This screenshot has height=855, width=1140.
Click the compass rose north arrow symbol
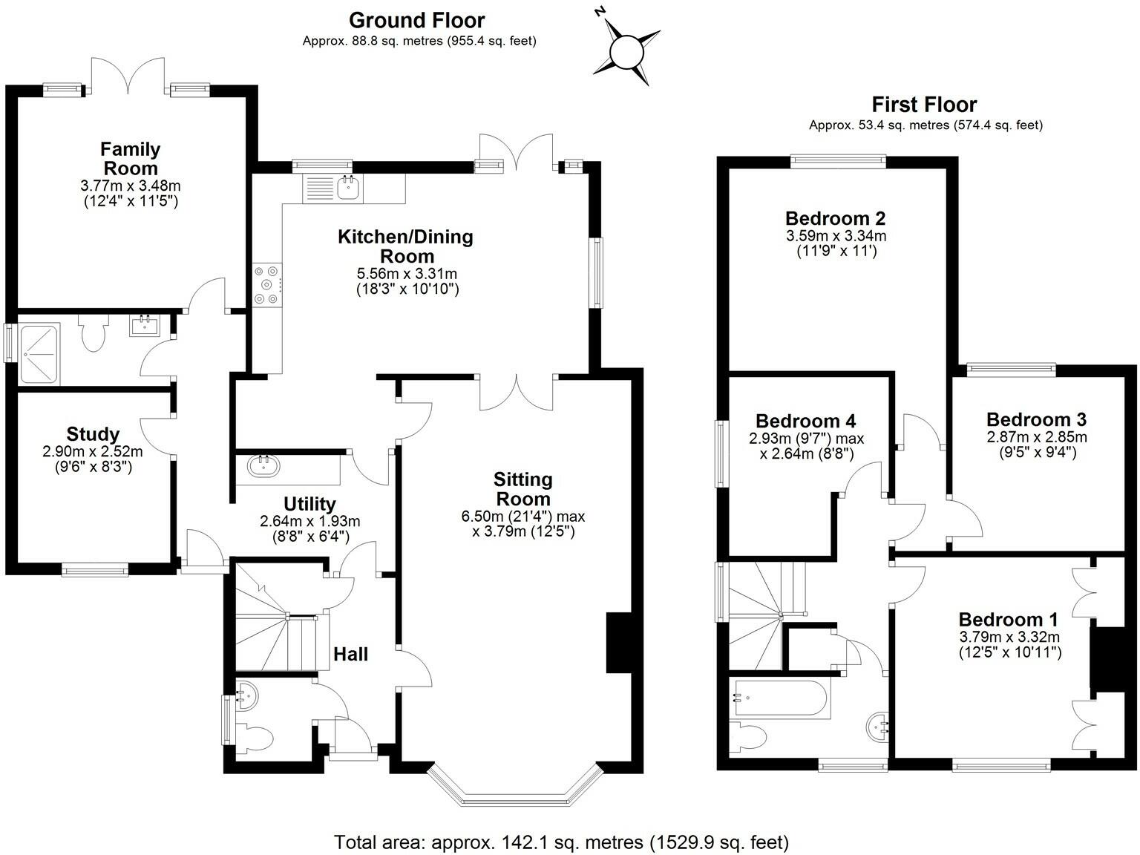click(626, 50)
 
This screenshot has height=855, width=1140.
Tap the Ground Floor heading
click(416, 20)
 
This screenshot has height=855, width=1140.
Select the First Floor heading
click(924, 105)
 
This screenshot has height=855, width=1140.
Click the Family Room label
click(131, 159)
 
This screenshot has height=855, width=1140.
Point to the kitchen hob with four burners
click(267, 285)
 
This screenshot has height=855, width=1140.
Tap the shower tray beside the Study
click(39, 353)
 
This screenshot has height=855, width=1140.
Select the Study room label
click(93, 434)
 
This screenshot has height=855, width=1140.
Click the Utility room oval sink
click(263, 466)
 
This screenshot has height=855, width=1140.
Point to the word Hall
click(350, 654)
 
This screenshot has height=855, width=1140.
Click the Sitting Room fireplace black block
click(617, 643)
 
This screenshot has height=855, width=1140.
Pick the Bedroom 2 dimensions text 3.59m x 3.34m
click(836, 237)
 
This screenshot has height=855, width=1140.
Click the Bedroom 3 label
click(1037, 419)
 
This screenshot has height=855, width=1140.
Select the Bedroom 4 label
click(806, 422)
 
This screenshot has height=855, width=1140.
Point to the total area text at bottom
click(561, 842)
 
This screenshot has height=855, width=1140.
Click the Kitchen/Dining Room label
click(405, 246)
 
